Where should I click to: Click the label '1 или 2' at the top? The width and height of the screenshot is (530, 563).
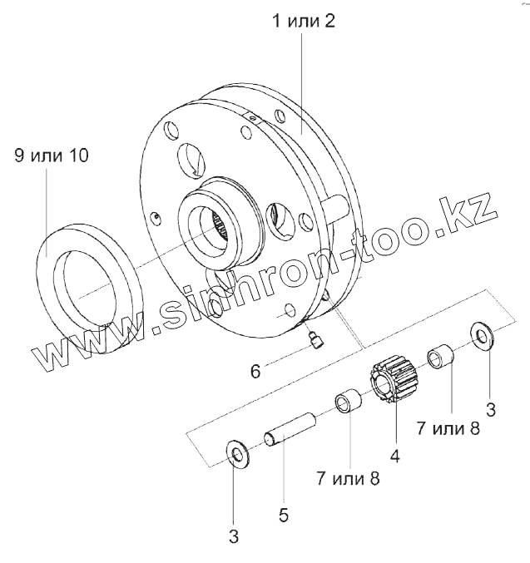click(303, 21)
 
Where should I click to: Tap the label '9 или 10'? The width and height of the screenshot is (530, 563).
click(51, 156)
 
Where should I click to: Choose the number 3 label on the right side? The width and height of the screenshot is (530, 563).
click(491, 408)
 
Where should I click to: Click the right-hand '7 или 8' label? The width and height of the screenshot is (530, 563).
click(449, 428)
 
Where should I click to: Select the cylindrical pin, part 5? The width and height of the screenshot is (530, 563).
click(289, 426)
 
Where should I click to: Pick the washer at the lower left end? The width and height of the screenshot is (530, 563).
click(238, 455)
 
